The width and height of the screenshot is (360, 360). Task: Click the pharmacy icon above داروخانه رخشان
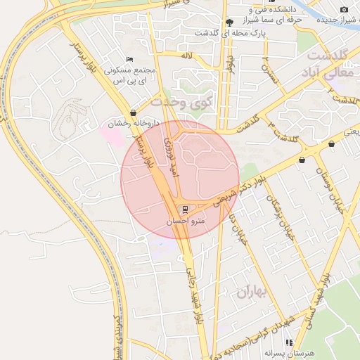point(134,112)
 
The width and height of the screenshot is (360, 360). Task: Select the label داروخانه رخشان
point(134,124)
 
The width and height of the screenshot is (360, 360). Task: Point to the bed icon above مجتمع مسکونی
point(128,59)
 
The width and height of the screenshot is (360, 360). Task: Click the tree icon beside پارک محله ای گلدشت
point(229,22)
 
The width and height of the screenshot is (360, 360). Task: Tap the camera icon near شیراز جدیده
point(344,9)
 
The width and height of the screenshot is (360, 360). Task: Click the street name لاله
point(186,54)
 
